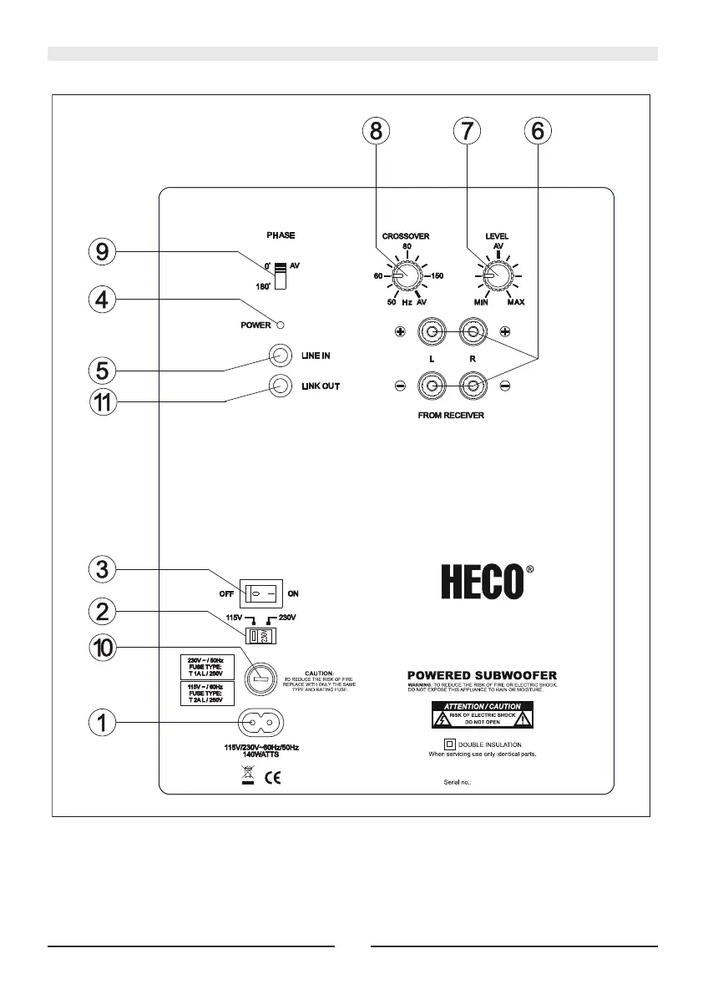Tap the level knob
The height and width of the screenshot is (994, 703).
click(x=498, y=275)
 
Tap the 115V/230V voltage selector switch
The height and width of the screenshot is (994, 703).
click(x=260, y=636)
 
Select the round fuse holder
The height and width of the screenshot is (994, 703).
click(x=262, y=679)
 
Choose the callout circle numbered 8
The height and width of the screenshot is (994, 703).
click(x=376, y=131)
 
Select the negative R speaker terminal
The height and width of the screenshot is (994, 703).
click(x=473, y=386)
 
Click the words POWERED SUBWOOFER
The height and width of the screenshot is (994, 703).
click(x=482, y=674)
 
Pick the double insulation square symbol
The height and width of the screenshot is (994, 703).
click(x=448, y=744)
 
